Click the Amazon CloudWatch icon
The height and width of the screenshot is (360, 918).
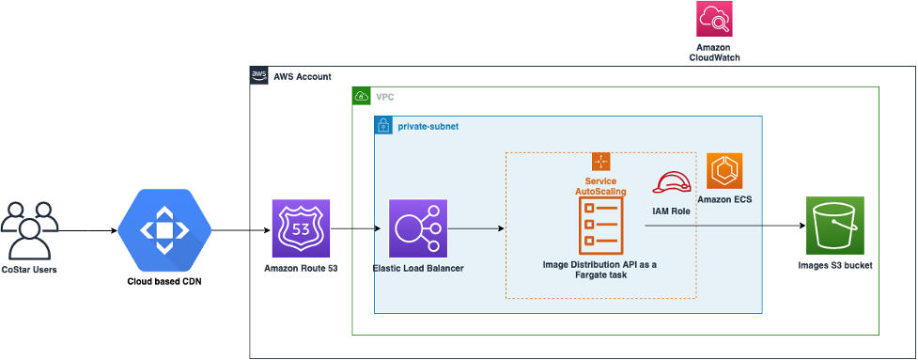(x=714, y=20)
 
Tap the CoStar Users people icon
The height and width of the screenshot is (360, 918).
(x=30, y=228)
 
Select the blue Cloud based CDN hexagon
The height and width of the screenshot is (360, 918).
(x=164, y=228)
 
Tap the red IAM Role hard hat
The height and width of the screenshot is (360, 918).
(x=673, y=182)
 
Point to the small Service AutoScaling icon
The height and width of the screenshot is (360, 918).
(x=601, y=162)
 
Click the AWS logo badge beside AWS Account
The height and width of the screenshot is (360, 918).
(x=259, y=76)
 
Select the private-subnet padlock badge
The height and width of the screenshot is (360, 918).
(x=383, y=125)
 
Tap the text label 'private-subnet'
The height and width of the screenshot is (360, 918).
(x=428, y=125)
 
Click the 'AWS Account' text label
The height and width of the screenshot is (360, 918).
(x=303, y=76)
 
